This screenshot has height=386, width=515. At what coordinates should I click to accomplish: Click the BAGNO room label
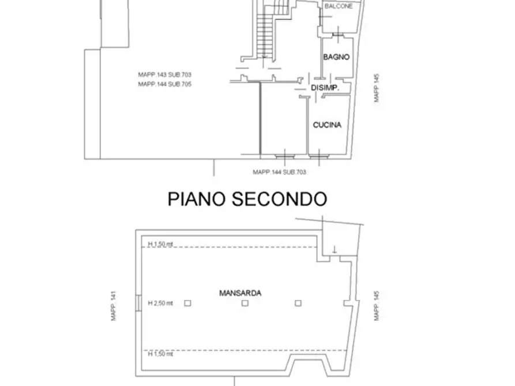[x=335, y=57]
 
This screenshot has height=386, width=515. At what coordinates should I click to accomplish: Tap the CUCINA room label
[x=327, y=125]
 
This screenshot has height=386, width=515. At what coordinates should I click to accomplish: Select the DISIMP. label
[x=324, y=88]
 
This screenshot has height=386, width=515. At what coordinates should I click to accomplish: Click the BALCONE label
[x=338, y=6]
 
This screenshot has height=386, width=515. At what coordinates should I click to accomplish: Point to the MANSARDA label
[x=240, y=293]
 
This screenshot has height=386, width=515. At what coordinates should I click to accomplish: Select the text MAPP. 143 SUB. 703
[x=164, y=75]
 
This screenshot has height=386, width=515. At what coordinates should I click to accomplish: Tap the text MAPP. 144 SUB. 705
[x=164, y=84]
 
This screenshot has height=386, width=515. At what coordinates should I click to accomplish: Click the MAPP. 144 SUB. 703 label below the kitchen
[x=279, y=172]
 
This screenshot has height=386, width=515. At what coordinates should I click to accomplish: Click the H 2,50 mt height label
[x=160, y=302]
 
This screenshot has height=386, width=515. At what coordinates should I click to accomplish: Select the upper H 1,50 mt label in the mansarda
[x=160, y=245]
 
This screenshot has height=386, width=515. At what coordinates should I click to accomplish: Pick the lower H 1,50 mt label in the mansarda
[x=160, y=354]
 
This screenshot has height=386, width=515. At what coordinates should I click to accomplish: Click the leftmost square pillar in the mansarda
[x=187, y=302]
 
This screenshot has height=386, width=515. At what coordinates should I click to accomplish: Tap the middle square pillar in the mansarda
[x=245, y=302]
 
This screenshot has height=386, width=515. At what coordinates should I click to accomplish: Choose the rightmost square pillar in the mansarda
[x=298, y=302]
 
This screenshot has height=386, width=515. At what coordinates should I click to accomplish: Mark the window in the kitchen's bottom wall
[x=318, y=155]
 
